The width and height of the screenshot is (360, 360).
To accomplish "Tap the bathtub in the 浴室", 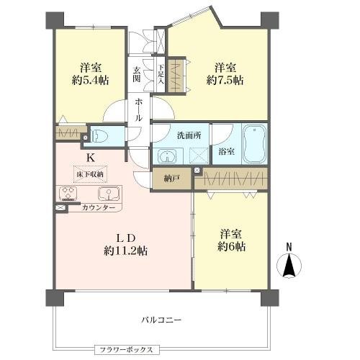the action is [x=254, y=144].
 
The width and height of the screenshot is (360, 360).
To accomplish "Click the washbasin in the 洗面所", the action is [x=167, y=156].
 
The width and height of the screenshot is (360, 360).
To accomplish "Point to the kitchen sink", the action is [x=109, y=194].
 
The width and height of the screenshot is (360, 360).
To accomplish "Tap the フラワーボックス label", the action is [x=127, y=349].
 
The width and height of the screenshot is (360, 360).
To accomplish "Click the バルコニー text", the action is [x=161, y=320].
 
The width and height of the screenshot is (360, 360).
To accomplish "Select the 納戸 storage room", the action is [x=171, y=179].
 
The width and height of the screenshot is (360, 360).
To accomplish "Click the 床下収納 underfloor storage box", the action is [x=90, y=174].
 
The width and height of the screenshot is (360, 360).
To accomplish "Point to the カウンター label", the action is [x=99, y=207].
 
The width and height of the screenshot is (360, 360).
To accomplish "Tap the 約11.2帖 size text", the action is [x=125, y=251].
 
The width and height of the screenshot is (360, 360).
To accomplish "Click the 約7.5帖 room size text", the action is [x=225, y=80].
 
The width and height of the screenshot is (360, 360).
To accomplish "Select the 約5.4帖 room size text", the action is [x=90, y=80].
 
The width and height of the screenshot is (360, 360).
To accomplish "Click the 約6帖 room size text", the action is [x=231, y=246].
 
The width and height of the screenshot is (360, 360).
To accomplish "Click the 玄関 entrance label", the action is [x=137, y=74].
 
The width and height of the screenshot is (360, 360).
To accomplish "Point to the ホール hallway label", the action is [x=138, y=109].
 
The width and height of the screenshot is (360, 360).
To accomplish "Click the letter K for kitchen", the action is [x=90, y=158].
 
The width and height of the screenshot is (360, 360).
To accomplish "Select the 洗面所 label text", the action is [x=189, y=135].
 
